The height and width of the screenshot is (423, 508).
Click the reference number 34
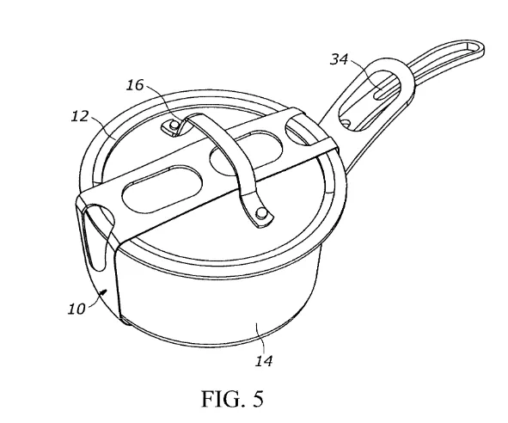tap(339, 59)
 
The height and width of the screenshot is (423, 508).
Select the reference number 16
tap(135, 85)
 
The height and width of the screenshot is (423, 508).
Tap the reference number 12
tap(80, 116)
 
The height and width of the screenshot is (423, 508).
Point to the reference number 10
tap(77, 309)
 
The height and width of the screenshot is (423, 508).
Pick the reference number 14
tap(264, 361)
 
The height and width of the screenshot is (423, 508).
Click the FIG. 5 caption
tap(232, 399)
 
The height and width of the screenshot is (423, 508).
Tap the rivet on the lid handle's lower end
tap(261, 213)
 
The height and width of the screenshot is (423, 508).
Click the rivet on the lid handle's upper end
tap(174, 124)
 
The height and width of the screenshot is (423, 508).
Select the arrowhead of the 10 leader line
tap(103, 292)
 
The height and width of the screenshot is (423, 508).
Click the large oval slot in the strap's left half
tap(162, 189)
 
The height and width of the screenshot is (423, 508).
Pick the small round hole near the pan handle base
tap(346, 123)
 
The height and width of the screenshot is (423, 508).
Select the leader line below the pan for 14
tap(260, 338)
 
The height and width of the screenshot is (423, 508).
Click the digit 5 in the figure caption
tap(258, 399)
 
